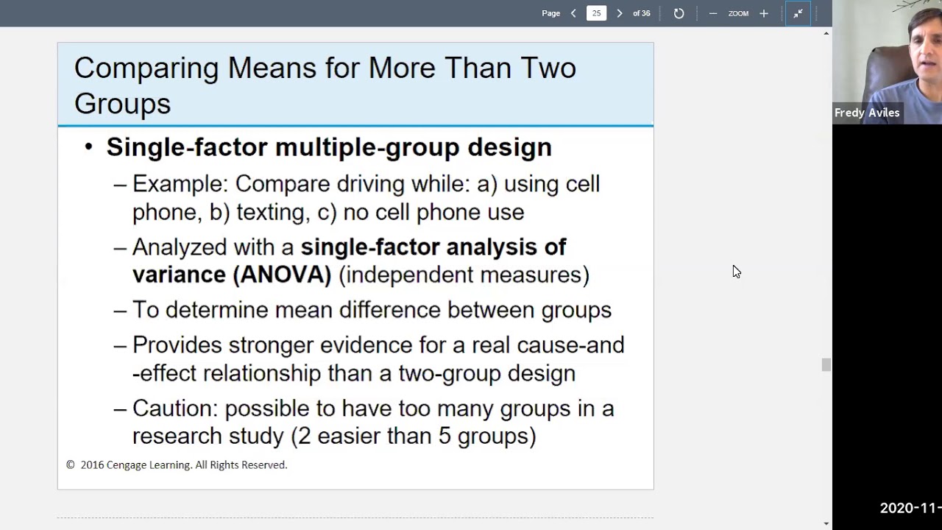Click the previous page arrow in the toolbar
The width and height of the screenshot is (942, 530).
pyautogui.click(x=573, y=13)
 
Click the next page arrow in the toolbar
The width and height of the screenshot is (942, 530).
pyautogui.click(x=619, y=13)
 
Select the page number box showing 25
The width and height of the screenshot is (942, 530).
pyautogui.click(x=596, y=13)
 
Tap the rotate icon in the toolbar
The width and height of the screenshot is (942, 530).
pyautogui.click(x=679, y=13)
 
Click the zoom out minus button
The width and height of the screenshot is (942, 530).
pyautogui.click(x=712, y=13)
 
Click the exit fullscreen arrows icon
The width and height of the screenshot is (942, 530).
pyautogui.click(x=798, y=13)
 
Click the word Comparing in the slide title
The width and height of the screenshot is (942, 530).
pyautogui.click(x=146, y=68)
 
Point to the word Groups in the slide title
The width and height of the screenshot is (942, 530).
pyautogui.click(x=122, y=104)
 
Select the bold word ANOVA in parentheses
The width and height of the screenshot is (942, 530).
pyautogui.click(x=283, y=275)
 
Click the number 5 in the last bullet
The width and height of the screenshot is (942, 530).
pyautogui.click(x=445, y=436)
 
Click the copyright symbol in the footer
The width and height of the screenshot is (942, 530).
pyautogui.click(x=71, y=465)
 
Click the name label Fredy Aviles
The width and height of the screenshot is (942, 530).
pyautogui.click(x=867, y=113)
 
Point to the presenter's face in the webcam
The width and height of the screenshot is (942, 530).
pyautogui.click(x=924, y=52)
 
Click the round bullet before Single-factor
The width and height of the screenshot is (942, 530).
pyautogui.click(x=89, y=147)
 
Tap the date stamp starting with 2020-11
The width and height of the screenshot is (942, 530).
pyautogui.click(x=910, y=508)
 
